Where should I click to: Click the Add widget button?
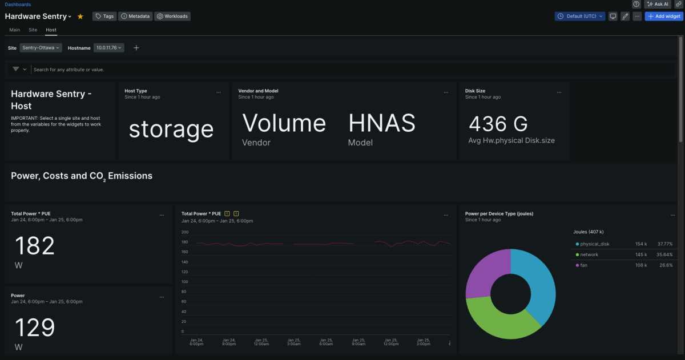[664, 17]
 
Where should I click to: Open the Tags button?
[104, 17]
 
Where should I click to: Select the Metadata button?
[135, 17]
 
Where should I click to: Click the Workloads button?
[172, 17]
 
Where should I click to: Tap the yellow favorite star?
[80, 17]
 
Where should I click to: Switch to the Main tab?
[15, 30]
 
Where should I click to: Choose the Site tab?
[33, 30]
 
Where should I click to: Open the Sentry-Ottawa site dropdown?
[41, 48]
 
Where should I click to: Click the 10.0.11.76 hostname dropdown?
[109, 48]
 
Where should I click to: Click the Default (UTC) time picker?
[579, 17]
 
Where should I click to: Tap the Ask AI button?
[658, 4]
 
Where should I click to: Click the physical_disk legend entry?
[595, 244]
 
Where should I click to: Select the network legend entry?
[589, 254]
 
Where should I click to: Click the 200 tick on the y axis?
[185, 232]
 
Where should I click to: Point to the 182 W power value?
[34, 246]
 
